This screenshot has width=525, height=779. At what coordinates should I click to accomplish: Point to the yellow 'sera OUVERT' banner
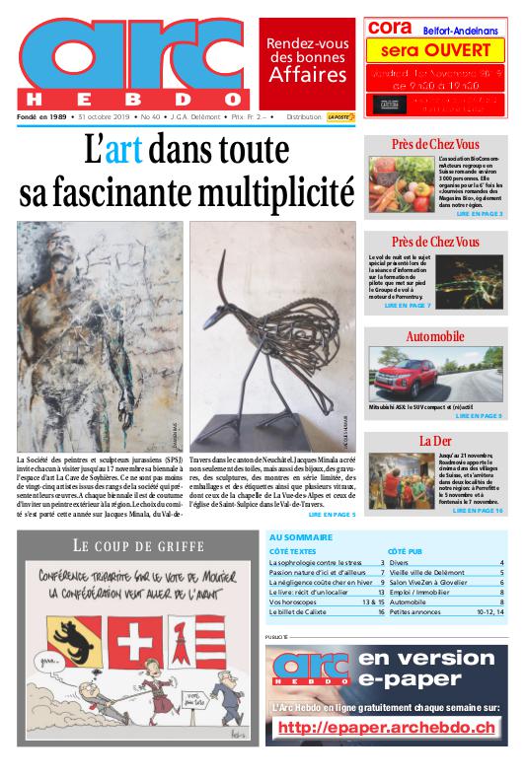435,50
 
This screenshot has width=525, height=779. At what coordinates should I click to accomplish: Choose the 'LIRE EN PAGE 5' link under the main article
332,514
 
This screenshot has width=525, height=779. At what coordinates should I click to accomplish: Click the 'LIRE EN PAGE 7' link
408,307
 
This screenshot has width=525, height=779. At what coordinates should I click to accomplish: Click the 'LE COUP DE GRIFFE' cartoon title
137,545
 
